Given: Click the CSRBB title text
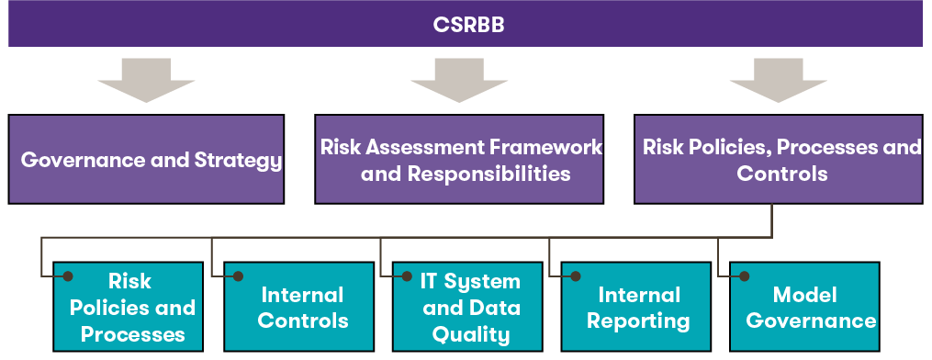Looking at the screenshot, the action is click(x=468, y=25).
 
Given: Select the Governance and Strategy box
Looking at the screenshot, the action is click(x=146, y=159).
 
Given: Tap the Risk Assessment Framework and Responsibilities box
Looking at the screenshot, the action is click(x=459, y=159).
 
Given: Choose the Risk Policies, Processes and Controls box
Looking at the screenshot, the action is click(x=779, y=159).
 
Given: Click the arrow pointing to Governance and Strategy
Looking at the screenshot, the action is click(x=146, y=80).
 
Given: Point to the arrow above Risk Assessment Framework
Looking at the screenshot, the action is click(x=459, y=80).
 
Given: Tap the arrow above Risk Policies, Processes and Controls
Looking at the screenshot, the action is click(x=779, y=80).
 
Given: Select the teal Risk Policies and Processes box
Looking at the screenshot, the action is click(x=128, y=307).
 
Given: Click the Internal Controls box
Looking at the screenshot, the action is click(x=299, y=307).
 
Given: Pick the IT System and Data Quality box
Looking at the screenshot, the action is click(x=467, y=307).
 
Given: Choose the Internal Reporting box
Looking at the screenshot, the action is click(x=636, y=307).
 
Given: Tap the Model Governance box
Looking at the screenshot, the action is click(x=804, y=307).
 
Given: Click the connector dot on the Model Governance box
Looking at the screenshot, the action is click(x=744, y=276).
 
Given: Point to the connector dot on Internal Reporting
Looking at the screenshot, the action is click(x=576, y=276).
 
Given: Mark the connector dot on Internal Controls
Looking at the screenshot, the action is click(x=239, y=276).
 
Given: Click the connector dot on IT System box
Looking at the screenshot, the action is click(x=407, y=276).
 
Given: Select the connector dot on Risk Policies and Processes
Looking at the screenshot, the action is click(x=68, y=276).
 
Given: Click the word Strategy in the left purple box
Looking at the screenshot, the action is click(x=238, y=161).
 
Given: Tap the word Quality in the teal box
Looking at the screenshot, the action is click(x=471, y=334).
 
